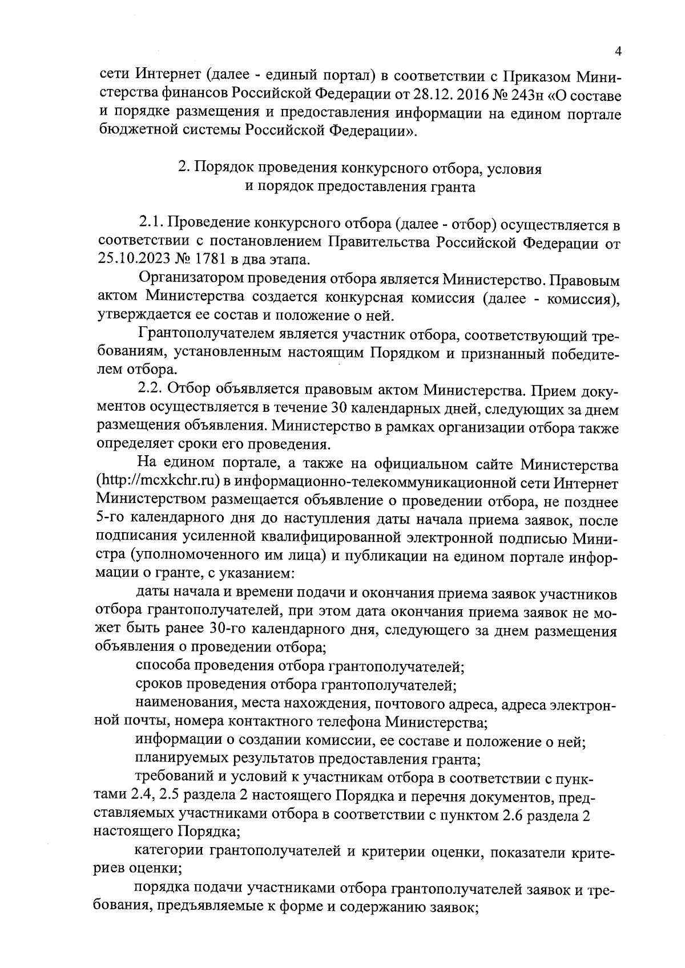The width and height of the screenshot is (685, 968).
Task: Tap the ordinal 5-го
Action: tap(108, 519)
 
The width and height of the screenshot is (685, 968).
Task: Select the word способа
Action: tap(163, 666)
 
